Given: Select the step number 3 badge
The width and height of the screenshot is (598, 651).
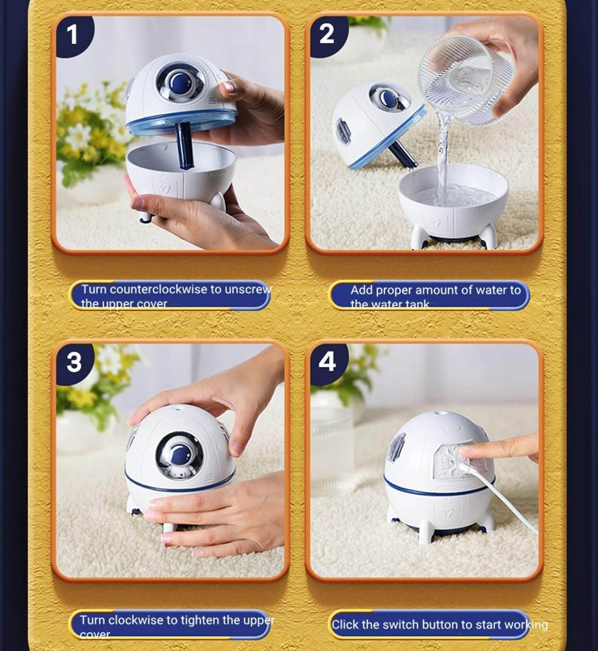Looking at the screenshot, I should (x=73, y=362).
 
